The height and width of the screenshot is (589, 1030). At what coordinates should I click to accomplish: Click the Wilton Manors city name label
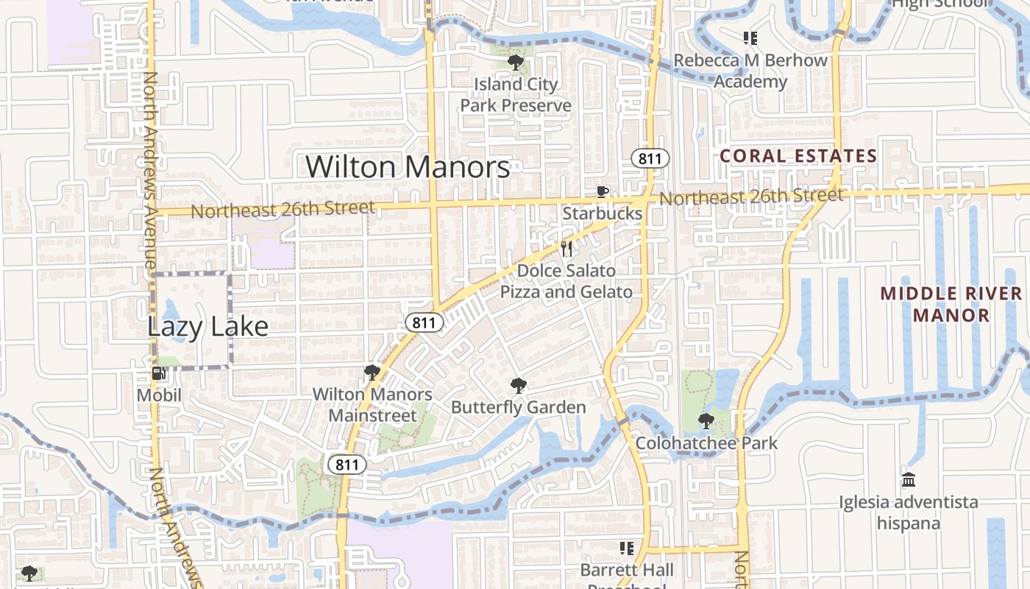click(408, 167)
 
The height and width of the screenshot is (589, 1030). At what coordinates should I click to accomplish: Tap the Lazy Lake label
click(208, 326)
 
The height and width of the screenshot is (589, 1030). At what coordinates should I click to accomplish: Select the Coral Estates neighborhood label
click(798, 156)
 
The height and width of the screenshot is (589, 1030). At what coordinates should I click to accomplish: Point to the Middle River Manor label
click(951, 304)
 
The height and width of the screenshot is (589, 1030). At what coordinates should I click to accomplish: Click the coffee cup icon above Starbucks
click(602, 192)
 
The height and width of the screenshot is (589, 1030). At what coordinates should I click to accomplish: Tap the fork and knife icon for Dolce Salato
click(566, 249)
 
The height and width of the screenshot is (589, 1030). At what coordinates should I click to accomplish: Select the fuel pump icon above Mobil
click(158, 373)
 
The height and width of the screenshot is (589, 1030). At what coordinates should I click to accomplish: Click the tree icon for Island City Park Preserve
click(515, 62)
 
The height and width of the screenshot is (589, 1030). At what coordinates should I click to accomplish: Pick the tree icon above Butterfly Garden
click(518, 385)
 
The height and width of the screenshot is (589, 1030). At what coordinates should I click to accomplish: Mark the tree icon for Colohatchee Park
click(706, 421)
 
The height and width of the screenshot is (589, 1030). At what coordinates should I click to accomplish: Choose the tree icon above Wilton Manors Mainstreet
click(372, 373)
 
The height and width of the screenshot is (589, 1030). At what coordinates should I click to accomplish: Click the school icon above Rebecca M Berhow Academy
click(750, 38)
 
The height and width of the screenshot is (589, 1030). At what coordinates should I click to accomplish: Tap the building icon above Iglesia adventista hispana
click(909, 480)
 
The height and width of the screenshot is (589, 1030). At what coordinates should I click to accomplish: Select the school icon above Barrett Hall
click(626, 549)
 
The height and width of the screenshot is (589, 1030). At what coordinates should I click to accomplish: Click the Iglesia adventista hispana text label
click(909, 512)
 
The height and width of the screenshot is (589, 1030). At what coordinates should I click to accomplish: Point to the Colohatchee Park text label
click(706, 443)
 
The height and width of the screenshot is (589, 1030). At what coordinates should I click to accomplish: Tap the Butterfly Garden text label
click(518, 407)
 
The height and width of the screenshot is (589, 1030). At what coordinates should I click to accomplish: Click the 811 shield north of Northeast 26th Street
click(650, 158)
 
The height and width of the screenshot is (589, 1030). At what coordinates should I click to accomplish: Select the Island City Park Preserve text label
click(515, 95)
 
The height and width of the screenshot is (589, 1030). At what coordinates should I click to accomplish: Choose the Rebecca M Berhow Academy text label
click(750, 71)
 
